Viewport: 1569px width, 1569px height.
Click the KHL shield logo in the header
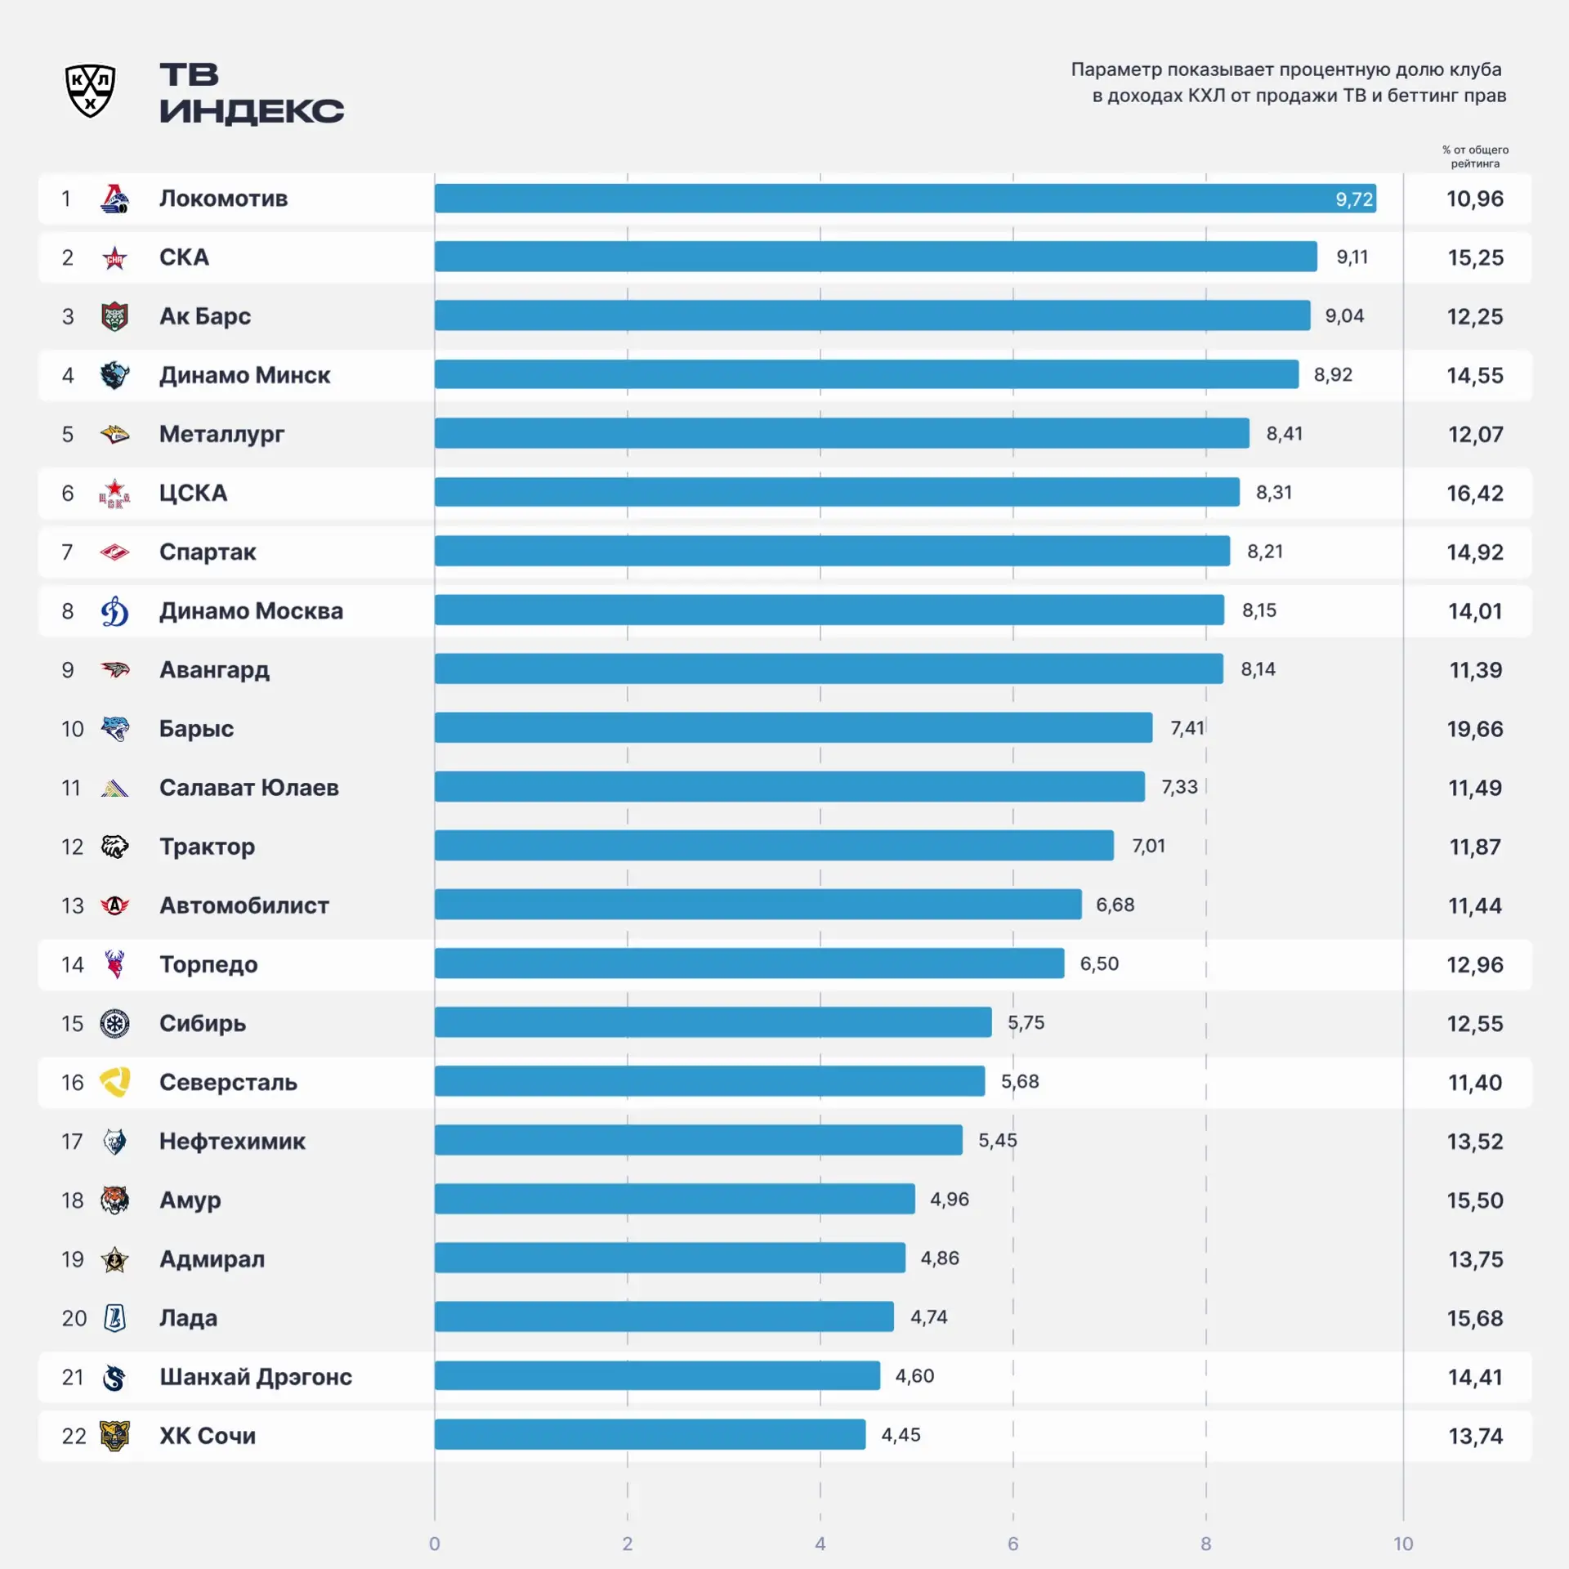tap(90, 91)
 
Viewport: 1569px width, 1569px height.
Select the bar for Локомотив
tap(905, 199)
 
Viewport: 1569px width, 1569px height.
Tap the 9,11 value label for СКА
tap(1352, 257)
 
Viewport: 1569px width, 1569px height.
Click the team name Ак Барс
tap(205, 316)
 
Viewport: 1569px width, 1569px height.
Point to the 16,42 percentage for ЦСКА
tap(1475, 494)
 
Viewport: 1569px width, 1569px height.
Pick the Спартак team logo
tap(114, 552)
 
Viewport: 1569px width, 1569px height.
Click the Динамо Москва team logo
tap(114, 611)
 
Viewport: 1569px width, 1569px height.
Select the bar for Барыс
tap(793, 728)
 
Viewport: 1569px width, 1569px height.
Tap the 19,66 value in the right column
tap(1475, 729)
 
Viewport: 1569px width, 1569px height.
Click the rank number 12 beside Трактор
tap(72, 847)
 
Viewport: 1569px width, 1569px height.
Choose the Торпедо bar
tap(749, 963)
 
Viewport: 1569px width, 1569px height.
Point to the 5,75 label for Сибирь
tap(1026, 1023)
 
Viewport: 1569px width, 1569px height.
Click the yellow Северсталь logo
tap(114, 1082)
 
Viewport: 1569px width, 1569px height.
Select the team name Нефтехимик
tap(232, 1141)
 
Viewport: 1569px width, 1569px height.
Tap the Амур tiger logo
tap(114, 1200)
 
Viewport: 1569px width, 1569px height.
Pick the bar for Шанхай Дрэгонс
tap(658, 1375)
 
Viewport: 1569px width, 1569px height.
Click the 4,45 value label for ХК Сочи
tap(901, 1435)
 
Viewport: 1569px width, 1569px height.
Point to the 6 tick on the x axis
tap(1013, 1544)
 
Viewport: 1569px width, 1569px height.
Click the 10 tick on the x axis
tap(1403, 1544)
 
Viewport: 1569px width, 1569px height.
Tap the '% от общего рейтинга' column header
tap(1475, 156)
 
